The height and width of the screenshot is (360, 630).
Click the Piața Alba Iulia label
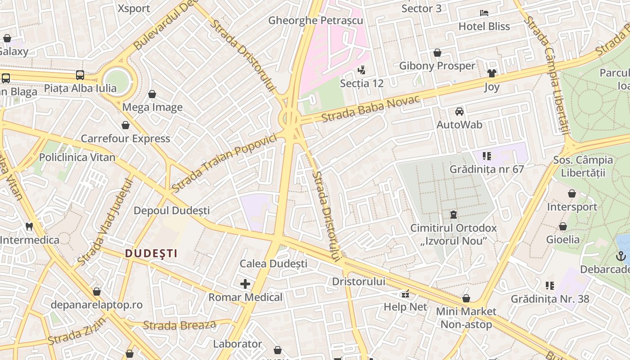[x=80, y=88]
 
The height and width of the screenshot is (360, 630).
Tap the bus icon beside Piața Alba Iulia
[x=80, y=75]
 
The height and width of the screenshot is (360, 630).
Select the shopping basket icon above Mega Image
[x=152, y=94]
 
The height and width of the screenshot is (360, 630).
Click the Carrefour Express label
[x=126, y=139]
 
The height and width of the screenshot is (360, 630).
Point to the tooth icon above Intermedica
[x=29, y=226]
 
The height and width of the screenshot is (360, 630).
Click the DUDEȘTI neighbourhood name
[x=151, y=253]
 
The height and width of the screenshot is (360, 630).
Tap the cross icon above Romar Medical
[x=245, y=284]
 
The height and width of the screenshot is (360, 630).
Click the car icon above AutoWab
[x=459, y=111]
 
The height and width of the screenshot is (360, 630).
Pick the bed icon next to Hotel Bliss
[x=484, y=13]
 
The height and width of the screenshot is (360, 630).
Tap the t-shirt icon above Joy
[x=491, y=73]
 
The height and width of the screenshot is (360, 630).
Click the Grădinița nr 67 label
[x=487, y=170]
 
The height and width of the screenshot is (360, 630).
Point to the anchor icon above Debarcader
[x=621, y=256]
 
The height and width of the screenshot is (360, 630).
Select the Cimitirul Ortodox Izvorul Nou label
[x=453, y=234]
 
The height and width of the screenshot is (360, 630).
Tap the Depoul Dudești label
[x=171, y=211]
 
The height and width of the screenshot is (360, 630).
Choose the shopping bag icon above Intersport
[x=571, y=194]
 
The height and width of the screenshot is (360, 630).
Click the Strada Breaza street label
[x=180, y=325]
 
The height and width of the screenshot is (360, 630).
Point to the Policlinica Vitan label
[x=77, y=157]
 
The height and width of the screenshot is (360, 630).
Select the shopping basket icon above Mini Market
[x=466, y=298]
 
